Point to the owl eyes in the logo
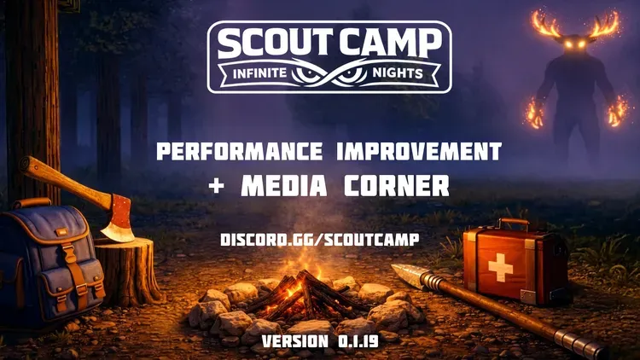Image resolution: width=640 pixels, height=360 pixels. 329,74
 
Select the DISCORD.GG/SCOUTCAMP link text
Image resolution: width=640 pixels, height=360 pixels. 319,240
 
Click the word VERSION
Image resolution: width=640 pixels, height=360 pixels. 294,341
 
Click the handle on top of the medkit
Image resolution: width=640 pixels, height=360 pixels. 513,224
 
